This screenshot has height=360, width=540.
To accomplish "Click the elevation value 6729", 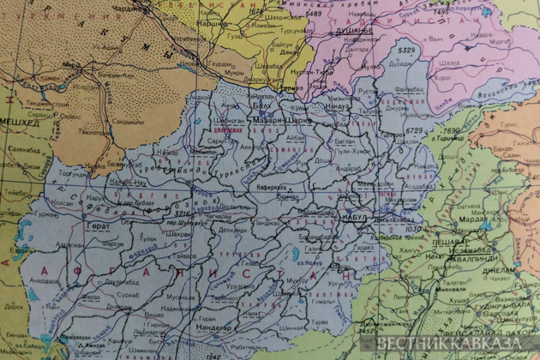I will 415,130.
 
